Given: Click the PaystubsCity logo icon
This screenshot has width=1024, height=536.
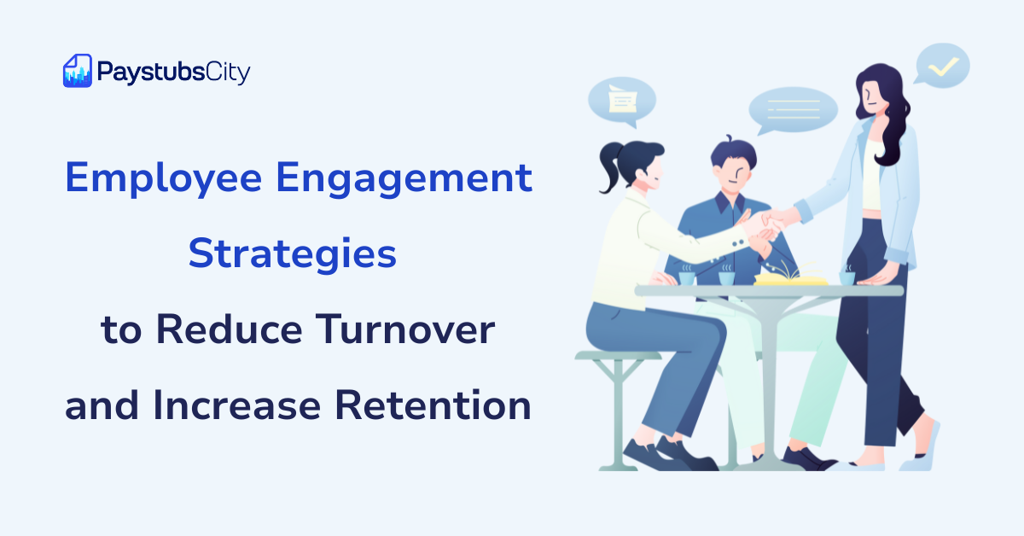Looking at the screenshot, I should click(77, 71).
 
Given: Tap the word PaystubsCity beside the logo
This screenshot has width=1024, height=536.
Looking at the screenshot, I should click(173, 73).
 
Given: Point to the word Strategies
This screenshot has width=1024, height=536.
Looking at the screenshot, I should click(293, 256).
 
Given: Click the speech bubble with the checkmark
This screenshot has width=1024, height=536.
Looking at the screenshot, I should click(943, 66).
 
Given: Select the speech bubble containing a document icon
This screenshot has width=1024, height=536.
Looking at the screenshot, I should click(622, 101).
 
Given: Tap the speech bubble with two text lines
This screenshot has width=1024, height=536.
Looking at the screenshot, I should click(793, 111).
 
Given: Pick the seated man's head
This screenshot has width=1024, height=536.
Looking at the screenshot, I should click(731, 166).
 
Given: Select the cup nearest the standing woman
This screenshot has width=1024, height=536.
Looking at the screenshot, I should click(847, 277).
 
